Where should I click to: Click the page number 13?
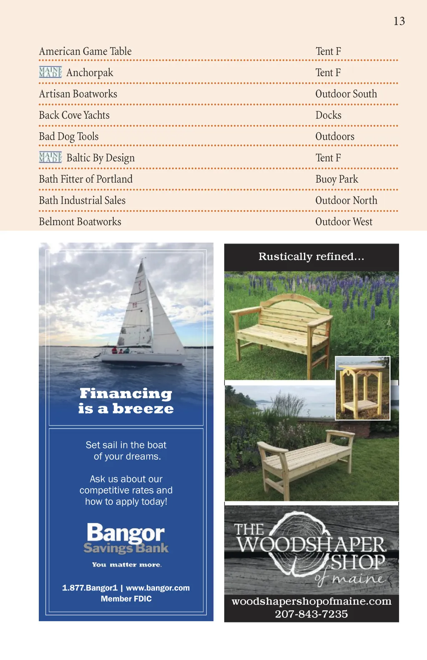pyautogui.click(x=399, y=21)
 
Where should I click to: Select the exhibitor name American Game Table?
pyautogui.click(x=85, y=51)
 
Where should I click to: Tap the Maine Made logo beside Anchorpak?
pyautogui.click(x=50, y=72)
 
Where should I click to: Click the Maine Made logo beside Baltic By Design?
pyautogui.click(x=50, y=157)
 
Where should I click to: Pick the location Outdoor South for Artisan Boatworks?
pyautogui.click(x=346, y=94)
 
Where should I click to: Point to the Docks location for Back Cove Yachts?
pyautogui.click(x=328, y=115)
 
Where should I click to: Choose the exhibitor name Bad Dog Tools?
pyautogui.click(x=69, y=136)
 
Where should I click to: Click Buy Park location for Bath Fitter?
pyautogui.click(x=337, y=179)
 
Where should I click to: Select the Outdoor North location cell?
pyautogui.click(x=346, y=201)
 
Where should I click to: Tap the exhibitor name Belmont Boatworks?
pyautogui.click(x=80, y=222)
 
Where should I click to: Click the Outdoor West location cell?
pyautogui.click(x=344, y=222)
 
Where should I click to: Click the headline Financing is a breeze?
pyautogui.click(x=126, y=401)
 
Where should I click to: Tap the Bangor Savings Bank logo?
pyautogui.click(x=126, y=538)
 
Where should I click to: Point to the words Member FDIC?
pyautogui.click(x=126, y=599)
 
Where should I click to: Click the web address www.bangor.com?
pyautogui.click(x=158, y=588)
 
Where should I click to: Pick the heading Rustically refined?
pyautogui.click(x=311, y=256)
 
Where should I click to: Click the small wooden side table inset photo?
pyautogui.click(x=362, y=388)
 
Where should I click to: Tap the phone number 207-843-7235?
pyautogui.click(x=311, y=614)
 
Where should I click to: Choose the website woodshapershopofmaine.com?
pyautogui.click(x=311, y=601)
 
